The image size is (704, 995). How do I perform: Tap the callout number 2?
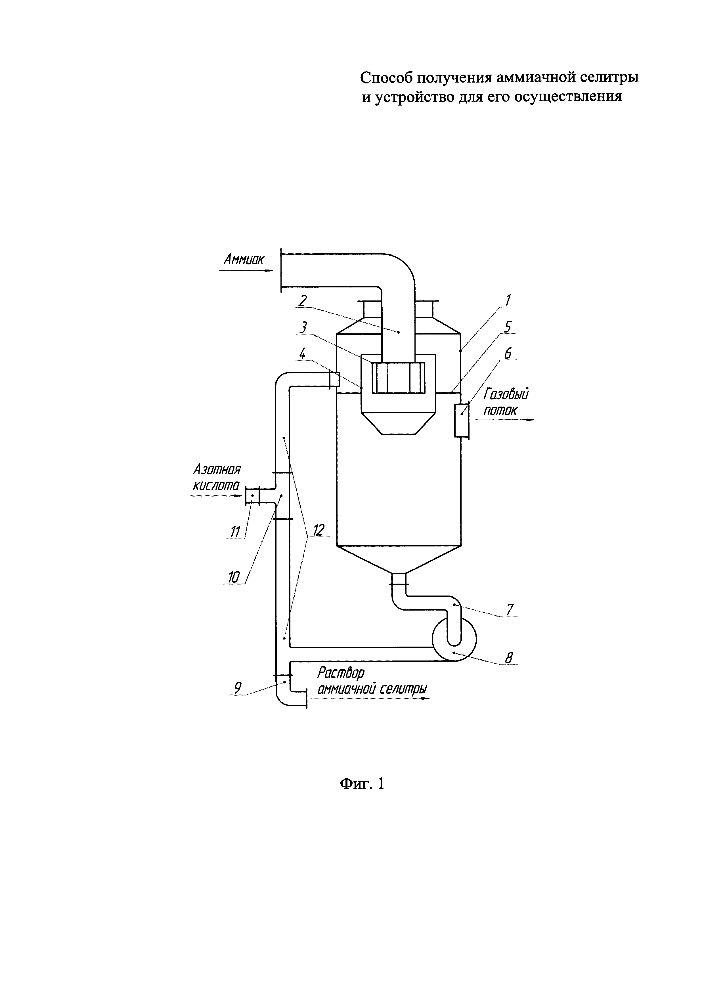303,300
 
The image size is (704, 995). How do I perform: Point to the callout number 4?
303,354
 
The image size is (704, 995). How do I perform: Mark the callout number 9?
238,688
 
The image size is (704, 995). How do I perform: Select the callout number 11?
235,531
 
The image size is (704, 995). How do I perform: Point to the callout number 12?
319,530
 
